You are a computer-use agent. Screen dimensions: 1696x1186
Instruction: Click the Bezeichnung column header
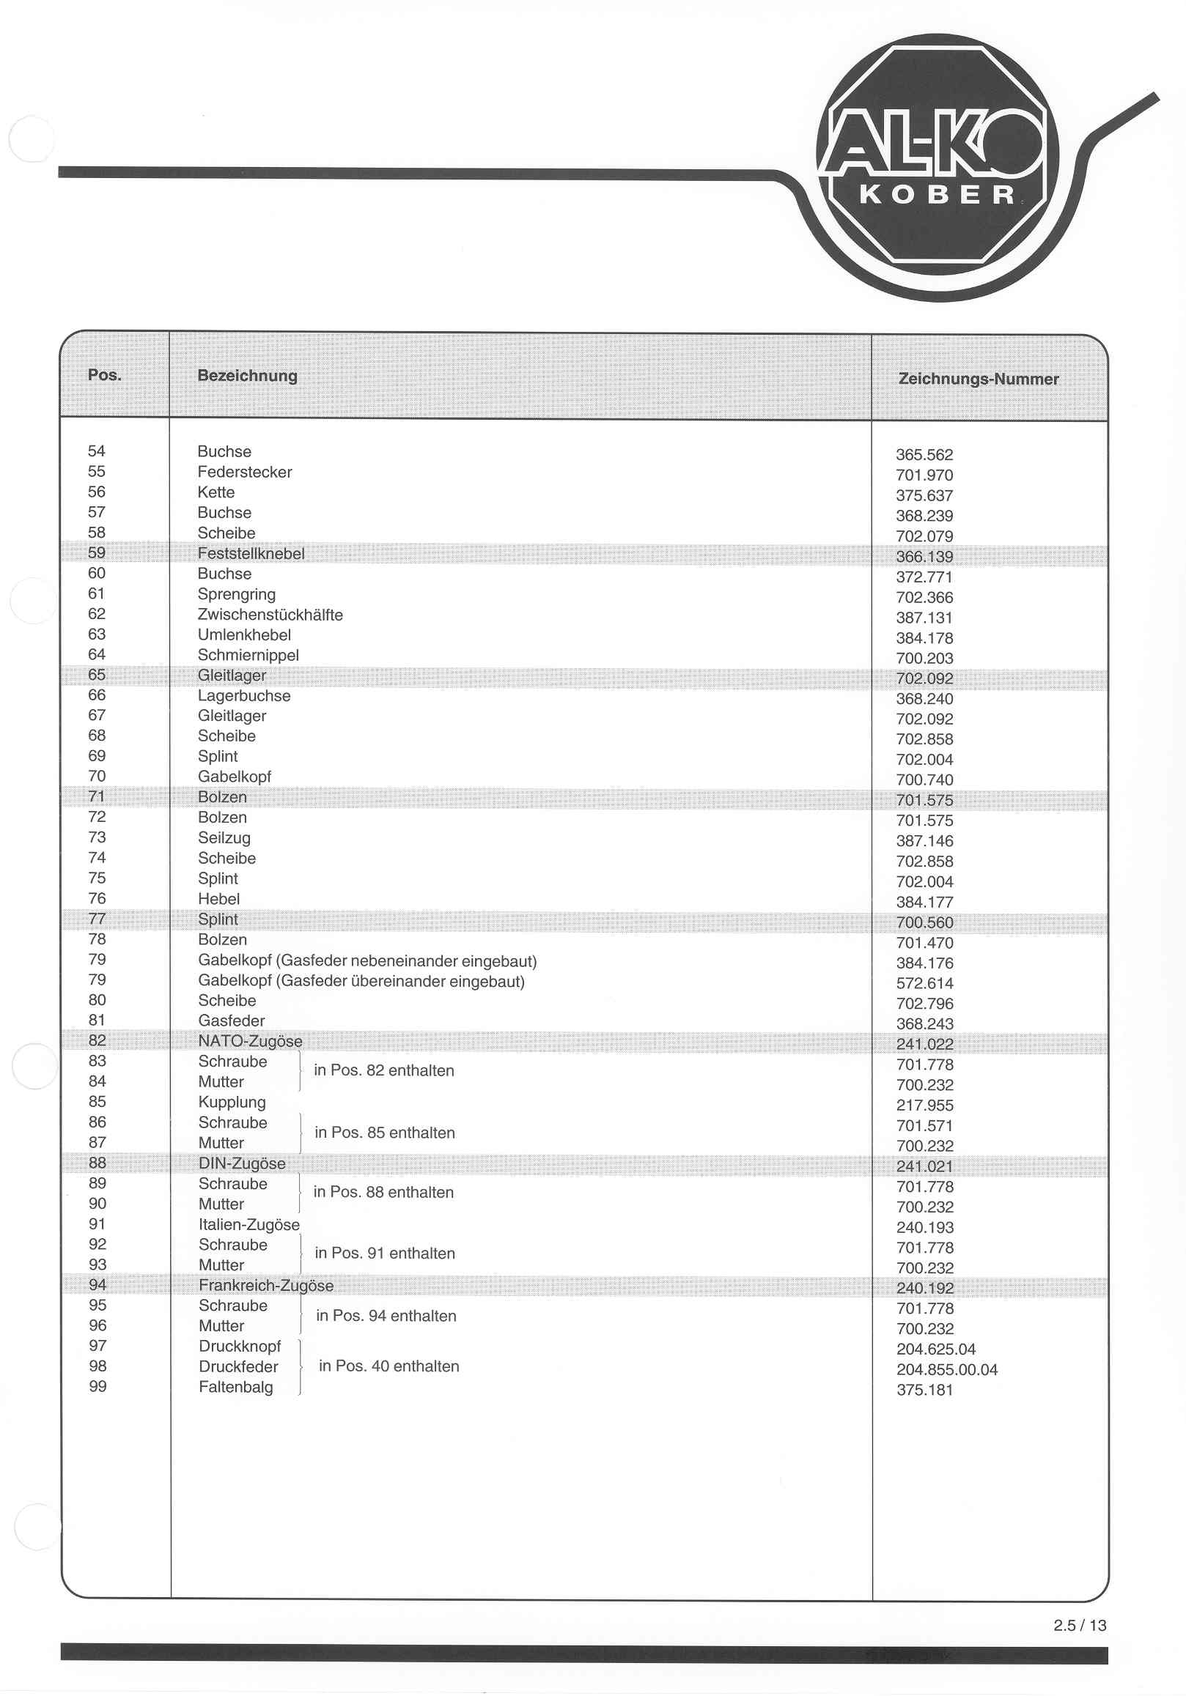pos(247,375)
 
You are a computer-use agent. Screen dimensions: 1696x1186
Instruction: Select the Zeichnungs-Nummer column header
pos(978,379)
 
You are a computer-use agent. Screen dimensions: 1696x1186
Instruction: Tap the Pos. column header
pos(104,374)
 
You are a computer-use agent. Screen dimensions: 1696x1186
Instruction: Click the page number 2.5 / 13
pos(1080,1624)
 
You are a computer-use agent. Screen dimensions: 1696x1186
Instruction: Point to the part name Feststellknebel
pos(251,553)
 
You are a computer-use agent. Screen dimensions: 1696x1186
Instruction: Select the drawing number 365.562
pos(924,455)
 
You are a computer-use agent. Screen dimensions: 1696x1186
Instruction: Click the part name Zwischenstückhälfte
pos(270,615)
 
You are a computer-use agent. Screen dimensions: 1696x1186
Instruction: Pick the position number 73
pos(97,837)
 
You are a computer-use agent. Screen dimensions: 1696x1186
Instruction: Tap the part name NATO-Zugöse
pos(250,1041)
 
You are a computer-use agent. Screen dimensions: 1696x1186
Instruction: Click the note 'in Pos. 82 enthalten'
pos(383,1070)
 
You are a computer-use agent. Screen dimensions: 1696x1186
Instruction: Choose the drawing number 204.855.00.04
pos(946,1369)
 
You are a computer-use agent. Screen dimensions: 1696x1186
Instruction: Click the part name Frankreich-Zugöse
pos(266,1285)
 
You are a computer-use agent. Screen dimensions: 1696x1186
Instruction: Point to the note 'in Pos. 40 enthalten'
pos(388,1366)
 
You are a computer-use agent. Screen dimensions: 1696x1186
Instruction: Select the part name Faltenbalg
pos(236,1387)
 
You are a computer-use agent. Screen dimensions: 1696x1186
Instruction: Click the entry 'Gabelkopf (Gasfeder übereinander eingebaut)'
pos(361,981)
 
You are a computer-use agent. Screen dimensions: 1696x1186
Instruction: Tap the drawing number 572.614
pos(924,983)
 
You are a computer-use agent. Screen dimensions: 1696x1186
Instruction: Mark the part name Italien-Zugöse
pos(249,1224)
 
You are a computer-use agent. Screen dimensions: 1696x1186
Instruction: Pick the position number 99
pos(97,1387)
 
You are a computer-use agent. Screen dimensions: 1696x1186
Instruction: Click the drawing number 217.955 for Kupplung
pos(924,1105)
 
